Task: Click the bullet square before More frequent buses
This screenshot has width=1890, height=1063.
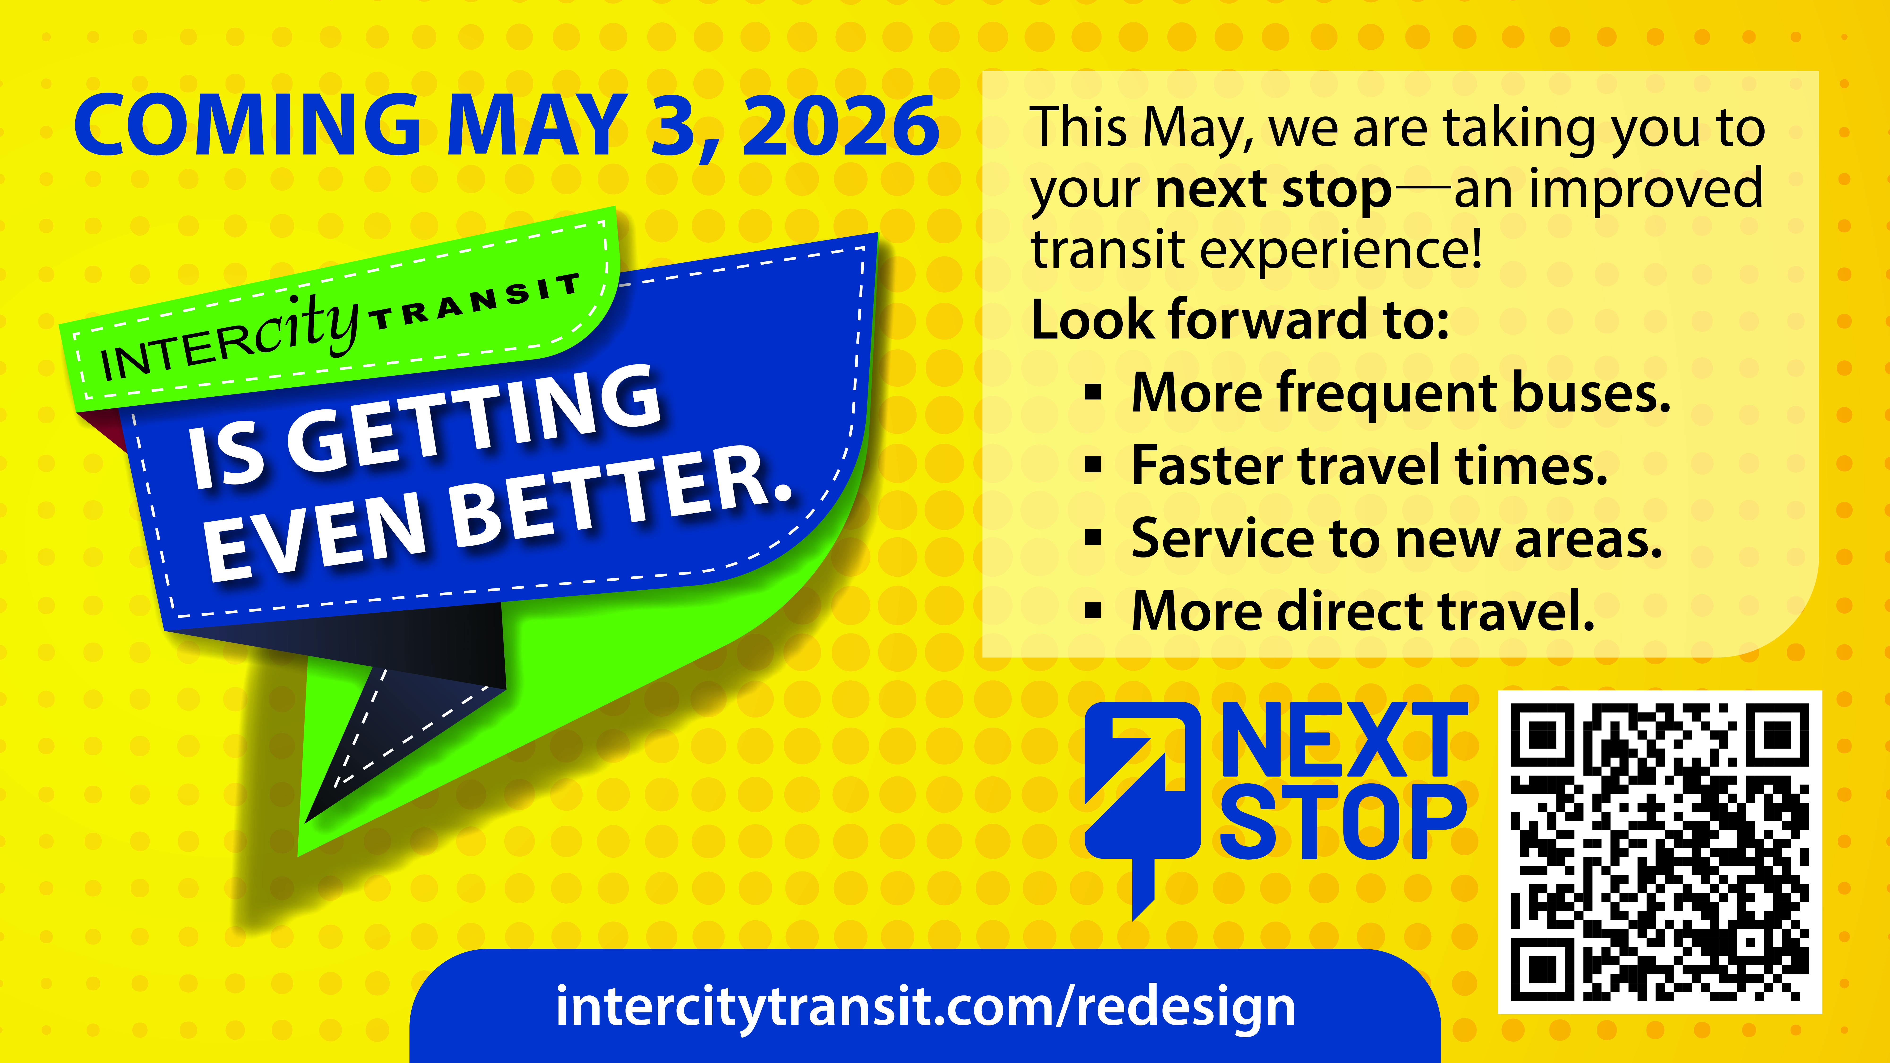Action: [1093, 392]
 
